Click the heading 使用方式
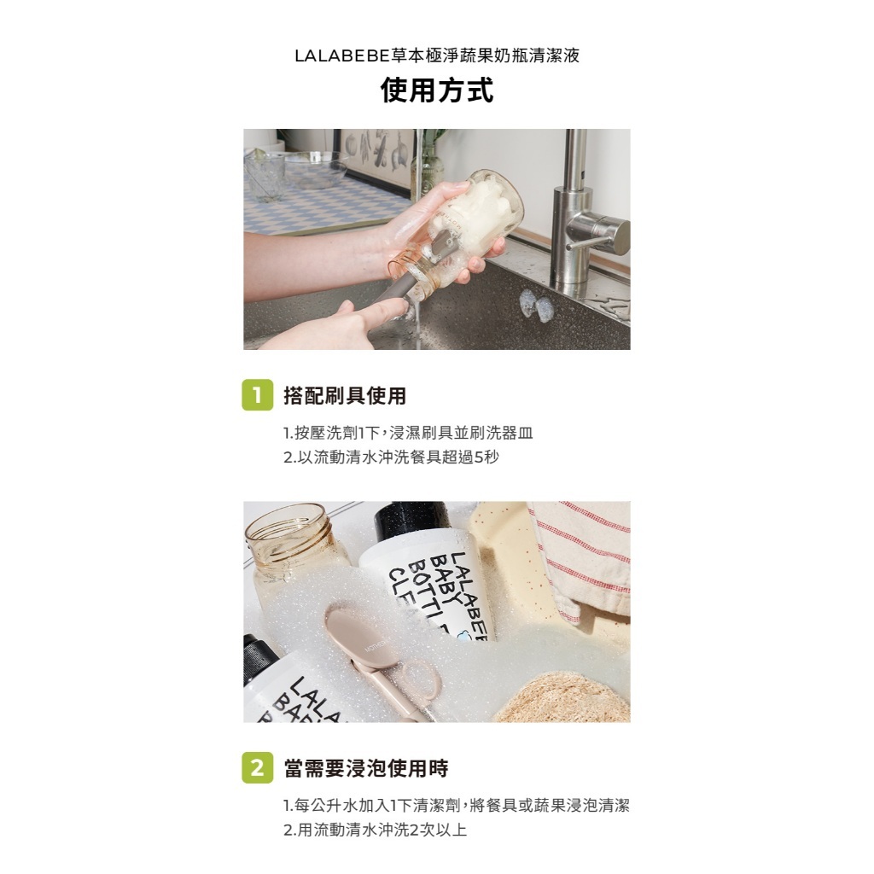click(x=437, y=90)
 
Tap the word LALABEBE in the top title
click(x=341, y=55)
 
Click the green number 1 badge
click(x=258, y=395)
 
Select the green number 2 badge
click(x=258, y=767)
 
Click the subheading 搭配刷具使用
click(x=345, y=395)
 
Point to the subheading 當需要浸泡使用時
click(x=366, y=768)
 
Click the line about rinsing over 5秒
click(x=391, y=457)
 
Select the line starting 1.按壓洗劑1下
click(x=408, y=433)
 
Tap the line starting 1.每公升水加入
click(x=457, y=806)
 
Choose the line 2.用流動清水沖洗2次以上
click(x=376, y=830)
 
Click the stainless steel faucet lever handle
click(x=598, y=230)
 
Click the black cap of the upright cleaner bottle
click(x=413, y=521)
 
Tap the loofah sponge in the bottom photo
click(x=563, y=698)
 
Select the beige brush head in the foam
click(x=353, y=634)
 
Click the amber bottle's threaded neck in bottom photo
click(x=285, y=538)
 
